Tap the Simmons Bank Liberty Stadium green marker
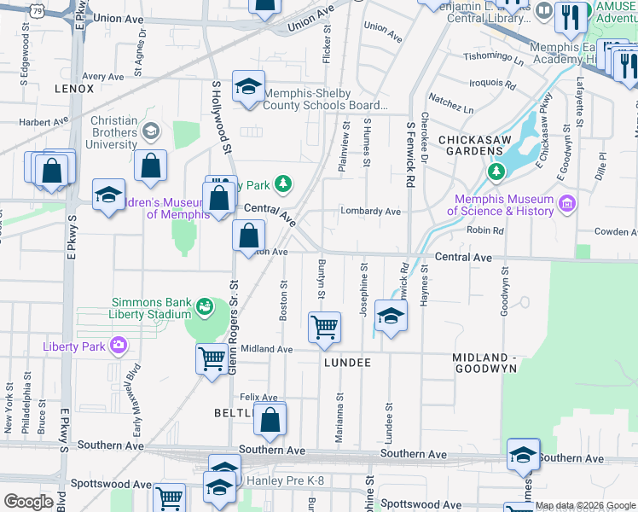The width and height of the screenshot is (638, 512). (x=205, y=305)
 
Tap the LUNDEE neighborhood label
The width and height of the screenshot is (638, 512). (x=347, y=363)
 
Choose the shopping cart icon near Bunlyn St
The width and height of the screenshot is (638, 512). (x=324, y=328)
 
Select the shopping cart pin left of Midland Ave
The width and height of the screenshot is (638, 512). (x=212, y=358)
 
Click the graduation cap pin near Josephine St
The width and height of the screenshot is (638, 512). (x=391, y=317)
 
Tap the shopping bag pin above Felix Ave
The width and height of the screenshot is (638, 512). (x=270, y=421)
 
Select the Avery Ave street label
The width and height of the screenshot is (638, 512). (x=103, y=76)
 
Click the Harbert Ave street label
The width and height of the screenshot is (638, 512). (x=43, y=121)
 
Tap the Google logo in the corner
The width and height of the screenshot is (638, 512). (x=28, y=502)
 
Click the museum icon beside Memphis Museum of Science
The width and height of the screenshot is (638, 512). (x=566, y=203)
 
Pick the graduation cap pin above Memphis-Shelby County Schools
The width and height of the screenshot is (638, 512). (x=249, y=87)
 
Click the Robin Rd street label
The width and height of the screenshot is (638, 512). (x=484, y=230)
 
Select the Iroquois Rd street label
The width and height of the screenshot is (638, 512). (x=493, y=85)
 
